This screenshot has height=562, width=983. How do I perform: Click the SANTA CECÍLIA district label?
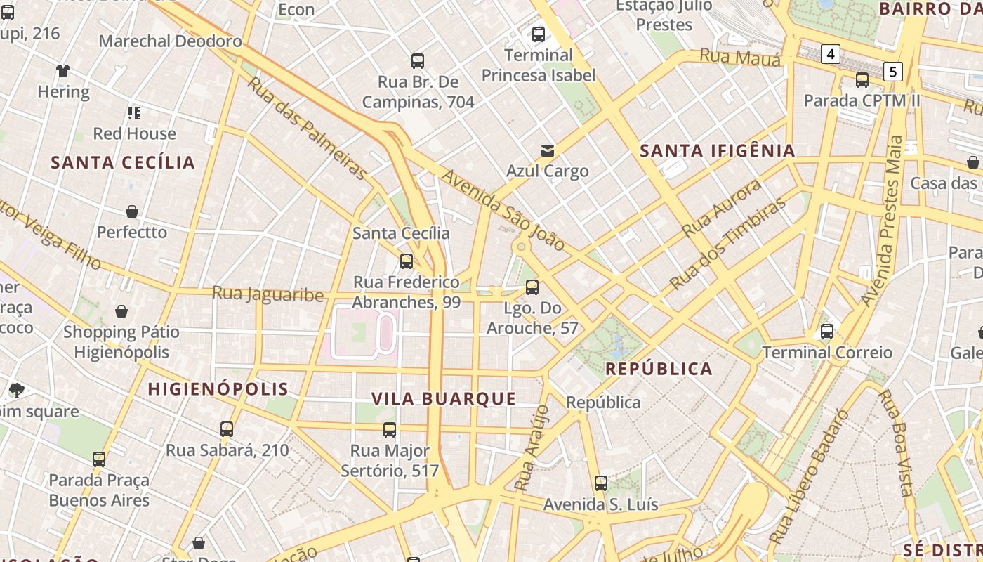[x=123, y=163]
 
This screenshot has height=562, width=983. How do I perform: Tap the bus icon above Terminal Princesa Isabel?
[x=539, y=34]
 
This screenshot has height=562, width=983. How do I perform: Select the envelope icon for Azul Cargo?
[x=547, y=150]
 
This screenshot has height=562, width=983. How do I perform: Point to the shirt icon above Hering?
[x=63, y=70]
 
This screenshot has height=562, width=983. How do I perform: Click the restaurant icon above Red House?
[x=134, y=112]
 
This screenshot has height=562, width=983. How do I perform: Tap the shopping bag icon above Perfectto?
[x=132, y=211]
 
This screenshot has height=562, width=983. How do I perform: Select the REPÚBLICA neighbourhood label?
[x=659, y=369]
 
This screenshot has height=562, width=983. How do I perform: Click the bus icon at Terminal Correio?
[x=827, y=331]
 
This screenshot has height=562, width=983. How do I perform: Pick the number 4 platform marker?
[x=831, y=53]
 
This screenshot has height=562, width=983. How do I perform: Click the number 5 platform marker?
[x=892, y=71]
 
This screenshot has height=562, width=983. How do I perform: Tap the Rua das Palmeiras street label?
[x=308, y=127]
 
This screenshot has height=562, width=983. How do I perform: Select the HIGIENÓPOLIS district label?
[x=218, y=389]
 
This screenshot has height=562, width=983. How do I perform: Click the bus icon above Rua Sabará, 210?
[x=226, y=429]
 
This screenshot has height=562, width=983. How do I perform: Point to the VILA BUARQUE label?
[x=444, y=399]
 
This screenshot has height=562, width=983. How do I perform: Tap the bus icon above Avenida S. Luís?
[x=600, y=483]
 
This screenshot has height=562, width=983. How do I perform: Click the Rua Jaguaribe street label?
[x=268, y=294]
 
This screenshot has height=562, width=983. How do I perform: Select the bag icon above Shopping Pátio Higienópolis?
[x=121, y=311]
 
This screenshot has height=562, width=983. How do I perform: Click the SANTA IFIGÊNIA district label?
[x=717, y=150]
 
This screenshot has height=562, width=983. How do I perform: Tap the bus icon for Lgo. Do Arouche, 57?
[x=532, y=287]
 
